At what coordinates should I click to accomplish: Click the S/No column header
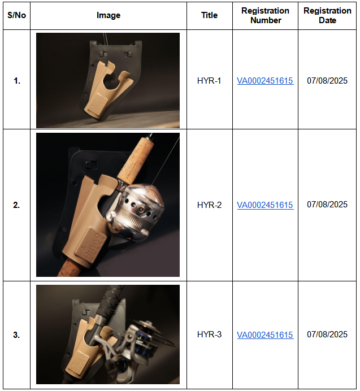(17, 15)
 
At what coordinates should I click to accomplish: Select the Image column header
(109, 15)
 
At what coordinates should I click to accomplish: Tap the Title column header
(209, 15)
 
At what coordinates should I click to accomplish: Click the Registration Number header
(265, 15)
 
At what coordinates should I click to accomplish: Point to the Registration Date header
(327, 15)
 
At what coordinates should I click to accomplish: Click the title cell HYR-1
(209, 81)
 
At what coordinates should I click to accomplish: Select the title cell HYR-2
(209, 205)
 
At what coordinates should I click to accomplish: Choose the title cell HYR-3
(209, 334)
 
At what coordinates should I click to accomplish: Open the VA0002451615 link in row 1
(265, 81)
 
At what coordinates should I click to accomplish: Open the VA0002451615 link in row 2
(265, 205)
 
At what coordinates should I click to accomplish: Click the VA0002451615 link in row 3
(265, 335)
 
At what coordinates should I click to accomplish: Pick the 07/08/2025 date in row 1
(327, 81)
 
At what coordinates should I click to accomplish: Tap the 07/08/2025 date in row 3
(327, 334)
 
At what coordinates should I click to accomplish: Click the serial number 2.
(16, 205)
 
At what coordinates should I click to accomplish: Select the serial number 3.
(16, 335)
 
